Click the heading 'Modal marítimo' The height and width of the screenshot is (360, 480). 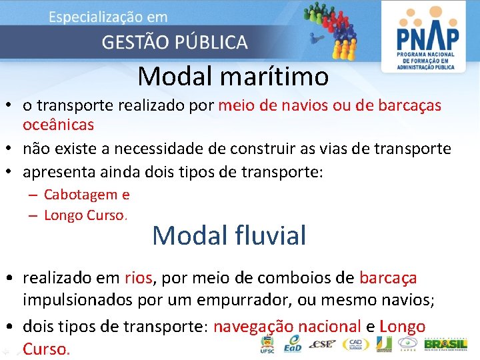pyautogui.click(x=233, y=77)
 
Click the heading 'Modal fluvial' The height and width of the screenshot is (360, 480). pyautogui.click(x=229, y=235)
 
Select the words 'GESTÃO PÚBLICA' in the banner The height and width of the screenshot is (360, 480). pyautogui.click(x=174, y=42)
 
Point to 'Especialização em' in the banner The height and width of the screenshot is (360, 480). pyautogui.click(x=108, y=17)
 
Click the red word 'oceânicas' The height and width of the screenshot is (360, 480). pyautogui.click(x=58, y=125)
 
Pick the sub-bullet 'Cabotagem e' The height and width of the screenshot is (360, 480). pyautogui.click(x=87, y=195)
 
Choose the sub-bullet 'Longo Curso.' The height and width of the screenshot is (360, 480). pyautogui.click(x=85, y=215)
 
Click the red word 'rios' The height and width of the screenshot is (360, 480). pyautogui.click(x=138, y=277)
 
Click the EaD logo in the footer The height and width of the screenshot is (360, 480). pyautogui.click(x=291, y=344)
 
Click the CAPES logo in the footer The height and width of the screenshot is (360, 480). pyautogui.click(x=409, y=344)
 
